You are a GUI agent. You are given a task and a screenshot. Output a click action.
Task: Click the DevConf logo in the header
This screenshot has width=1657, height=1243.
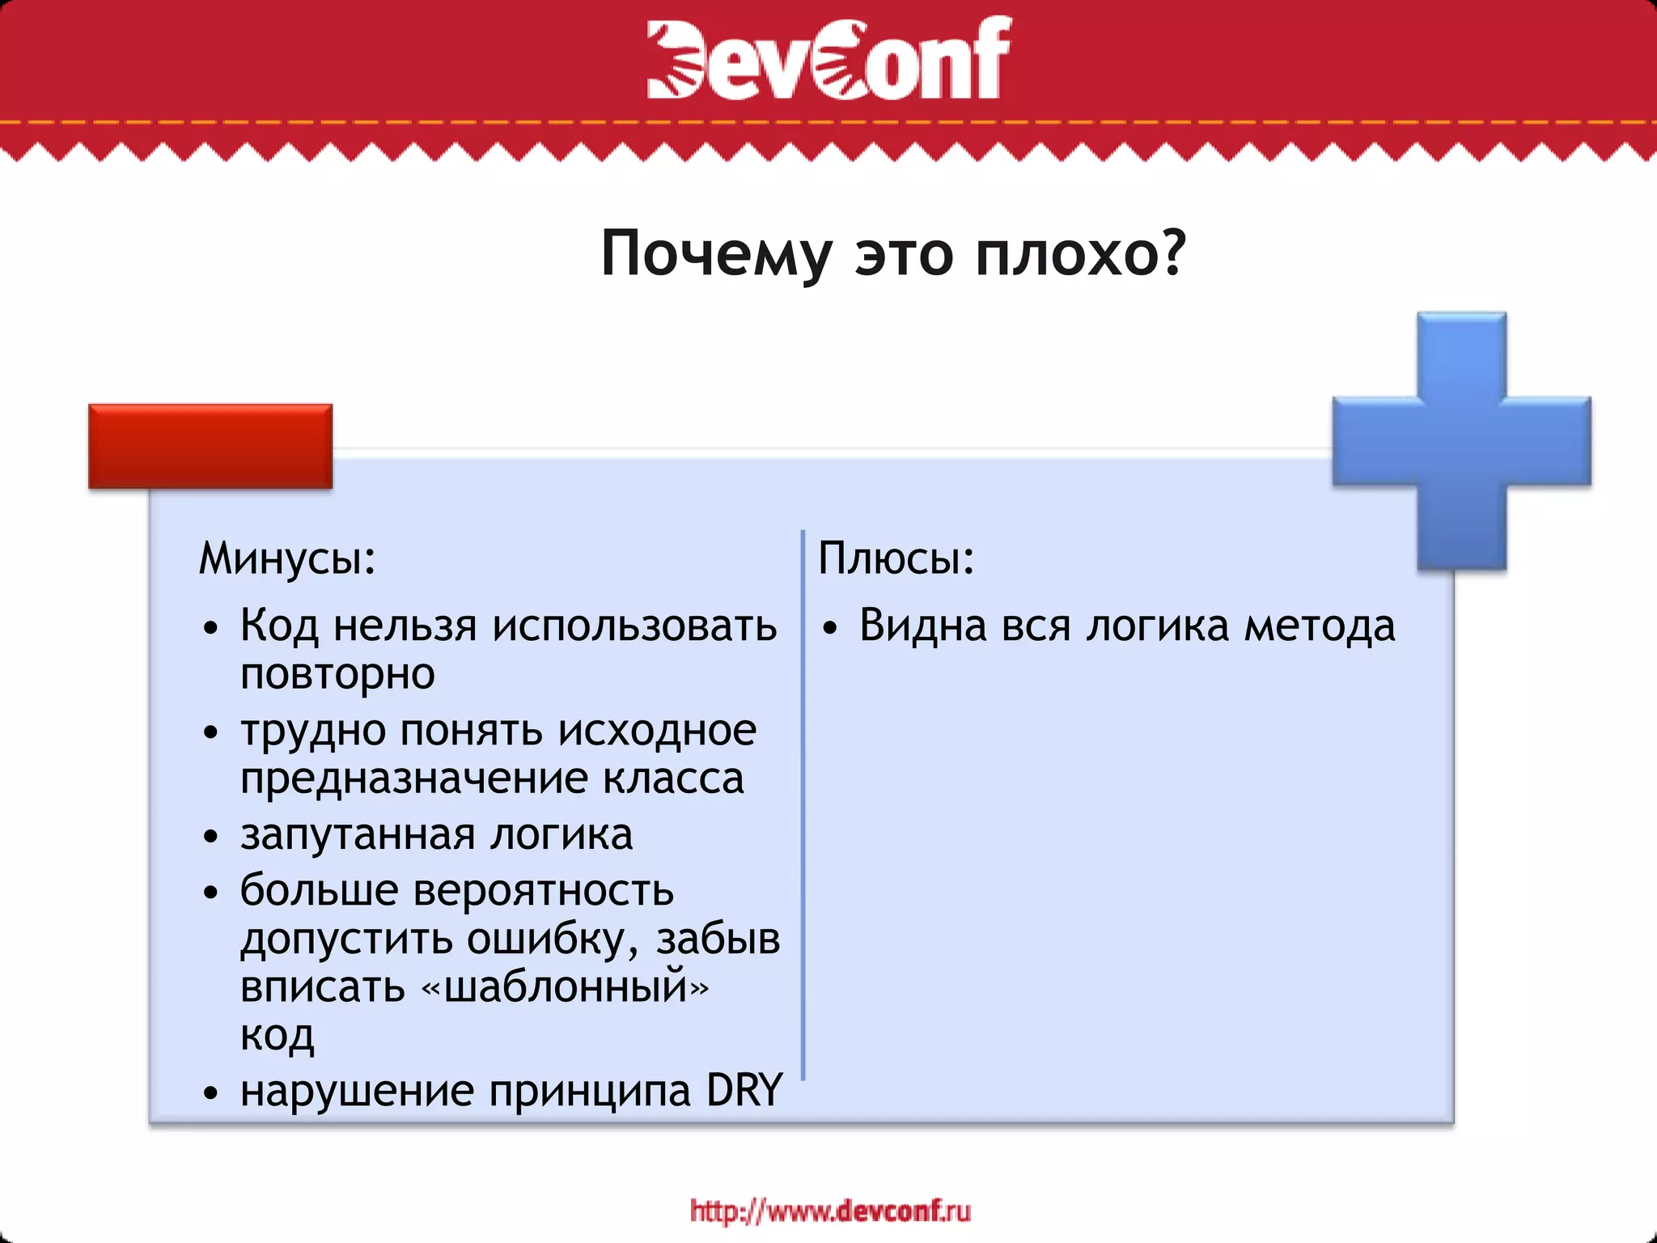828,58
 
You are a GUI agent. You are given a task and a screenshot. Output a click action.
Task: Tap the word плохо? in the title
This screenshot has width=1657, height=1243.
1080,254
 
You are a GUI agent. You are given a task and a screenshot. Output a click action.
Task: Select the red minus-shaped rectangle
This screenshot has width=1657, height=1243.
210,446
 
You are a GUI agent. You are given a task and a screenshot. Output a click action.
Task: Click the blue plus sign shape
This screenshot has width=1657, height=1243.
1461,441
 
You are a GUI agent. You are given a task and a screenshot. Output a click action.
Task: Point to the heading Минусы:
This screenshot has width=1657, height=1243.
288,559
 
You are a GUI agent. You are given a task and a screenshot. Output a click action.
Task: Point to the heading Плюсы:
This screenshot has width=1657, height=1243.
896,558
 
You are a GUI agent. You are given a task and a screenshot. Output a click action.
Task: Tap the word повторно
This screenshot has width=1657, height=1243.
337,675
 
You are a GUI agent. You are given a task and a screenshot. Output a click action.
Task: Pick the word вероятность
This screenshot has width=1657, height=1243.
544,891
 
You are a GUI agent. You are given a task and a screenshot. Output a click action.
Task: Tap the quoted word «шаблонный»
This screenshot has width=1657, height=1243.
566,987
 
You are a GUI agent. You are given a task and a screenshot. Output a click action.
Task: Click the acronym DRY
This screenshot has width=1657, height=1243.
744,1091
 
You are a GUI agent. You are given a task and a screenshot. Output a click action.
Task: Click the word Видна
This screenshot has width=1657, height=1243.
922,626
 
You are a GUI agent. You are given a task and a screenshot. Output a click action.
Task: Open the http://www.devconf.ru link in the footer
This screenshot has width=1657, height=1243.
830,1211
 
